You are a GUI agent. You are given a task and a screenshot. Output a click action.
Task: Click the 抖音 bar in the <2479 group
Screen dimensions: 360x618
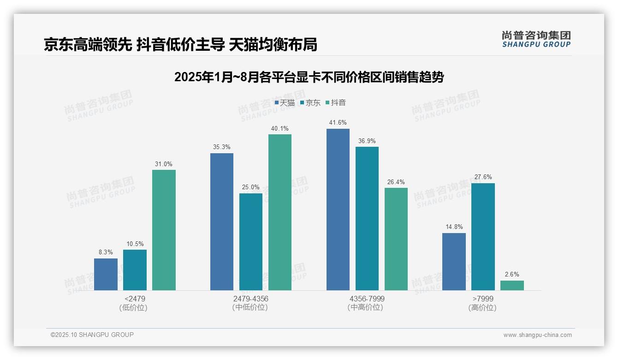coord(164,230)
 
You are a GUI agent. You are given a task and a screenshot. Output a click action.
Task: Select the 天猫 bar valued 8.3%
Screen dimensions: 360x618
coord(106,274)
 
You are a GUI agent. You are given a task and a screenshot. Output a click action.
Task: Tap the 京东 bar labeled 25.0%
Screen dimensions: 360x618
coord(250,241)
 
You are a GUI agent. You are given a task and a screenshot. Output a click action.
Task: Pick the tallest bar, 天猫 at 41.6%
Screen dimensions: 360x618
coord(338,209)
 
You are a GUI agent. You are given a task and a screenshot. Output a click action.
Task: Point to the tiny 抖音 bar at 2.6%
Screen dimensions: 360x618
coord(512,285)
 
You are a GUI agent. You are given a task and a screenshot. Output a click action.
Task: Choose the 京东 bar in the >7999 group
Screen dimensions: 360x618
coord(483,236)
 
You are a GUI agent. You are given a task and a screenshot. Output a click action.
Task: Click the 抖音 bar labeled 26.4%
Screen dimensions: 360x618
coord(396,239)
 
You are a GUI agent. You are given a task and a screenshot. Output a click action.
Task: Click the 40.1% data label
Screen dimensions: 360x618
coord(279,129)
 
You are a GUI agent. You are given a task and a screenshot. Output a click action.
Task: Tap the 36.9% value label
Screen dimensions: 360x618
coord(367,141)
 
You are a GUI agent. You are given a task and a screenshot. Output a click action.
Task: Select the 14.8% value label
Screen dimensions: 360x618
coord(454,227)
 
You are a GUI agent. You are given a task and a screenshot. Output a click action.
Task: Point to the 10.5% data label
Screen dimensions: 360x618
coord(135,244)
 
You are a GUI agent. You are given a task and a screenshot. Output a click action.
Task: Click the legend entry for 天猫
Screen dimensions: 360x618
coord(285,103)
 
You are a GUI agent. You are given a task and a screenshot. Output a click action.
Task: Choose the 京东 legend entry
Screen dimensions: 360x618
coord(310,103)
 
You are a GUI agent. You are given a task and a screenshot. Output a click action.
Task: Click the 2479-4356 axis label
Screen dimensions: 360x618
coord(250,299)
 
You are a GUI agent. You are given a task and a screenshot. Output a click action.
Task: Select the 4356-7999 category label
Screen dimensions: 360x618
coord(367,299)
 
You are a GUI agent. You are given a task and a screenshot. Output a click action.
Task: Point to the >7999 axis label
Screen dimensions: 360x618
coord(482,299)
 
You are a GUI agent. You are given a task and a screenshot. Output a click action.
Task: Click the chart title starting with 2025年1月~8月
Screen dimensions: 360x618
coord(309,77)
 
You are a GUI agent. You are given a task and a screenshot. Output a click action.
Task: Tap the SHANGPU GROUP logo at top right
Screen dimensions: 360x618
coord(536,39)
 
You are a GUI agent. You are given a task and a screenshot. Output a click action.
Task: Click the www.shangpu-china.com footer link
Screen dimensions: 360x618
coord(537,335)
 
